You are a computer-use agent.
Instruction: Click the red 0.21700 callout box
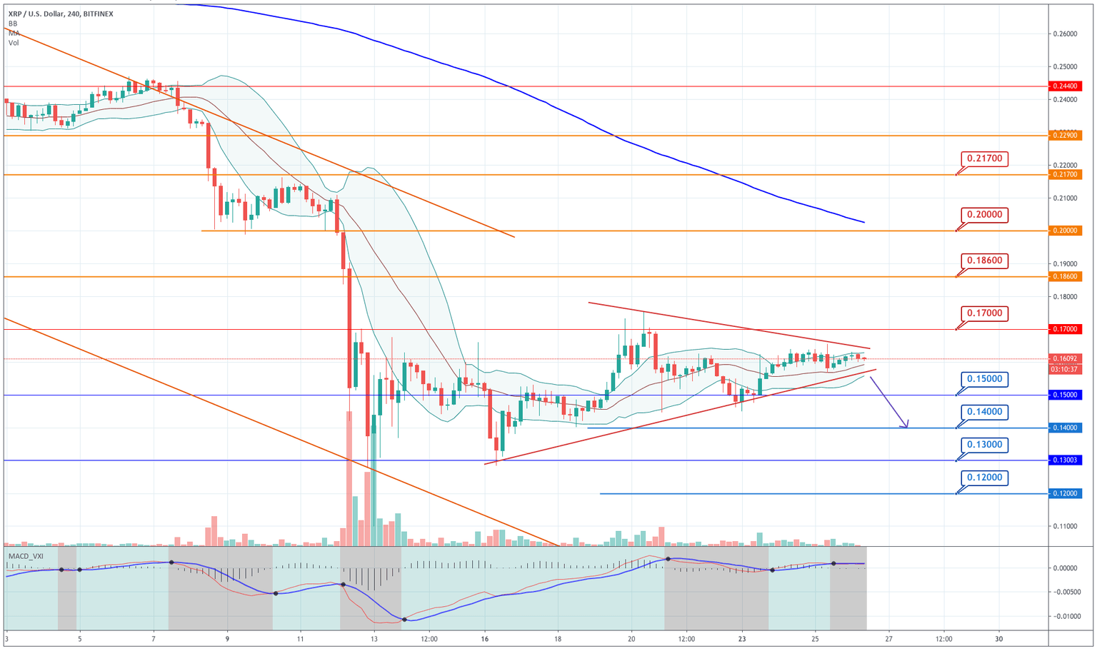(984, 158)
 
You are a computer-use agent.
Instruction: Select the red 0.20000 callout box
(984, 214)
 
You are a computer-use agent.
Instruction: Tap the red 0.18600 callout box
(984, 261)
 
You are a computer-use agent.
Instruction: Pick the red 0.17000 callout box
(984, 313)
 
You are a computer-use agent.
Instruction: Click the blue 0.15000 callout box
(984, 379)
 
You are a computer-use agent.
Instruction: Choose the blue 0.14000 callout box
(984, 412)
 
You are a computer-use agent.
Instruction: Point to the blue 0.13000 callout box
(984, 445)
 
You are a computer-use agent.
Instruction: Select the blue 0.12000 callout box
(984, 478)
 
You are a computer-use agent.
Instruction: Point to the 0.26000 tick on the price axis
(1065, 34)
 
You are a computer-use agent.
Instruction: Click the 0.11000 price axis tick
(1065, 527)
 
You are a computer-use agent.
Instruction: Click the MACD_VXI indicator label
(26, 555)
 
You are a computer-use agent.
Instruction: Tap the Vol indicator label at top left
(14, 43)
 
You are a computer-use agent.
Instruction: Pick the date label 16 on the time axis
(485, 639)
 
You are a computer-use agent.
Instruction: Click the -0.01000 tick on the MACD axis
(1065, 616)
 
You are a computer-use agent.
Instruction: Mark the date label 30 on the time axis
(998, 639)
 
